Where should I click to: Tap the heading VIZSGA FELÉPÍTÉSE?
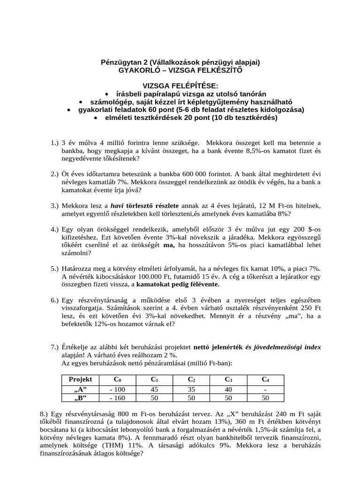(x=180, y=86)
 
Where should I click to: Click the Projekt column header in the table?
(x=80, y=379)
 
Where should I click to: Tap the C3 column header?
(x=228, y=379)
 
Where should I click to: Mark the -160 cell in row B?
(x=117, y=397)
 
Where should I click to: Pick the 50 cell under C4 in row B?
(x=265, y=397)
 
